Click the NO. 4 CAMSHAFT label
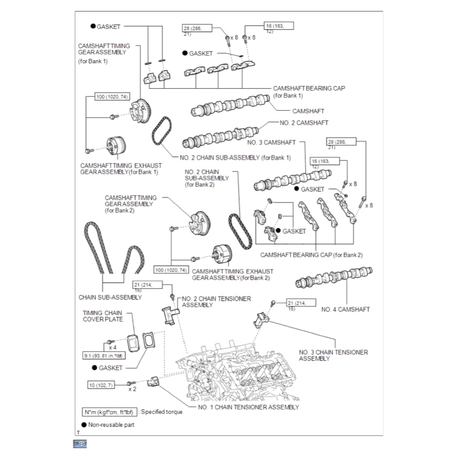click(346, 309)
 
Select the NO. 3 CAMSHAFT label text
click(271, 142)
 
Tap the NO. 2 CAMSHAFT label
click(304, 123)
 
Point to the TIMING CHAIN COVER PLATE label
click(102, 316)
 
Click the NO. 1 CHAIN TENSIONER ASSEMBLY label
click(248, 407)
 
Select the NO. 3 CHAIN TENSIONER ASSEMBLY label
click(333, 355)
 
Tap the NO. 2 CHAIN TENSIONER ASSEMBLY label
click(216, 302)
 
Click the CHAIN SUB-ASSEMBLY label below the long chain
click(110, 297)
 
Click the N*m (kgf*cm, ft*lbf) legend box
click(109, 411)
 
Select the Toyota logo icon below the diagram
click(80, 444)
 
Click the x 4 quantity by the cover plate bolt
click(112, 348)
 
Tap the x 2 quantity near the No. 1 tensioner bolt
click(132, 389)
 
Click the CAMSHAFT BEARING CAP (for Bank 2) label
click(311, 255)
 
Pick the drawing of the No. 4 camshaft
click(335, 277)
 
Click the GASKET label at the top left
click(108, 26)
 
